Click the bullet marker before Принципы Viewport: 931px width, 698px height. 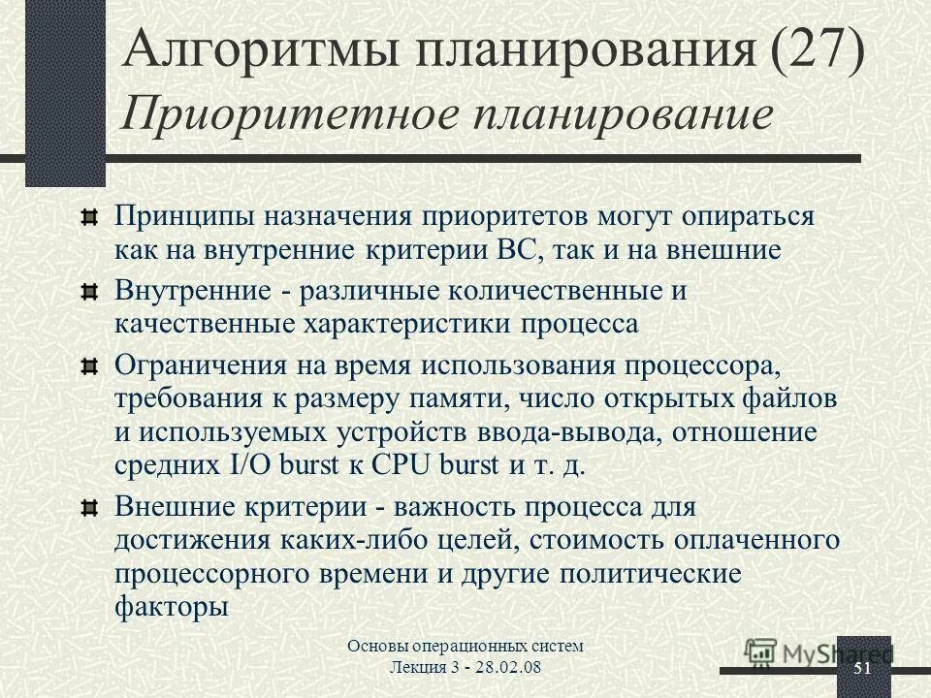click(x=89, y=215)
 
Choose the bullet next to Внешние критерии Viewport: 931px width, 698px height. click(x=89, y=506)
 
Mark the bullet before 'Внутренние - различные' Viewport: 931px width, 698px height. click(x=89, y=291)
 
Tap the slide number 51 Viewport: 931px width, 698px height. click(x=862, y=671)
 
